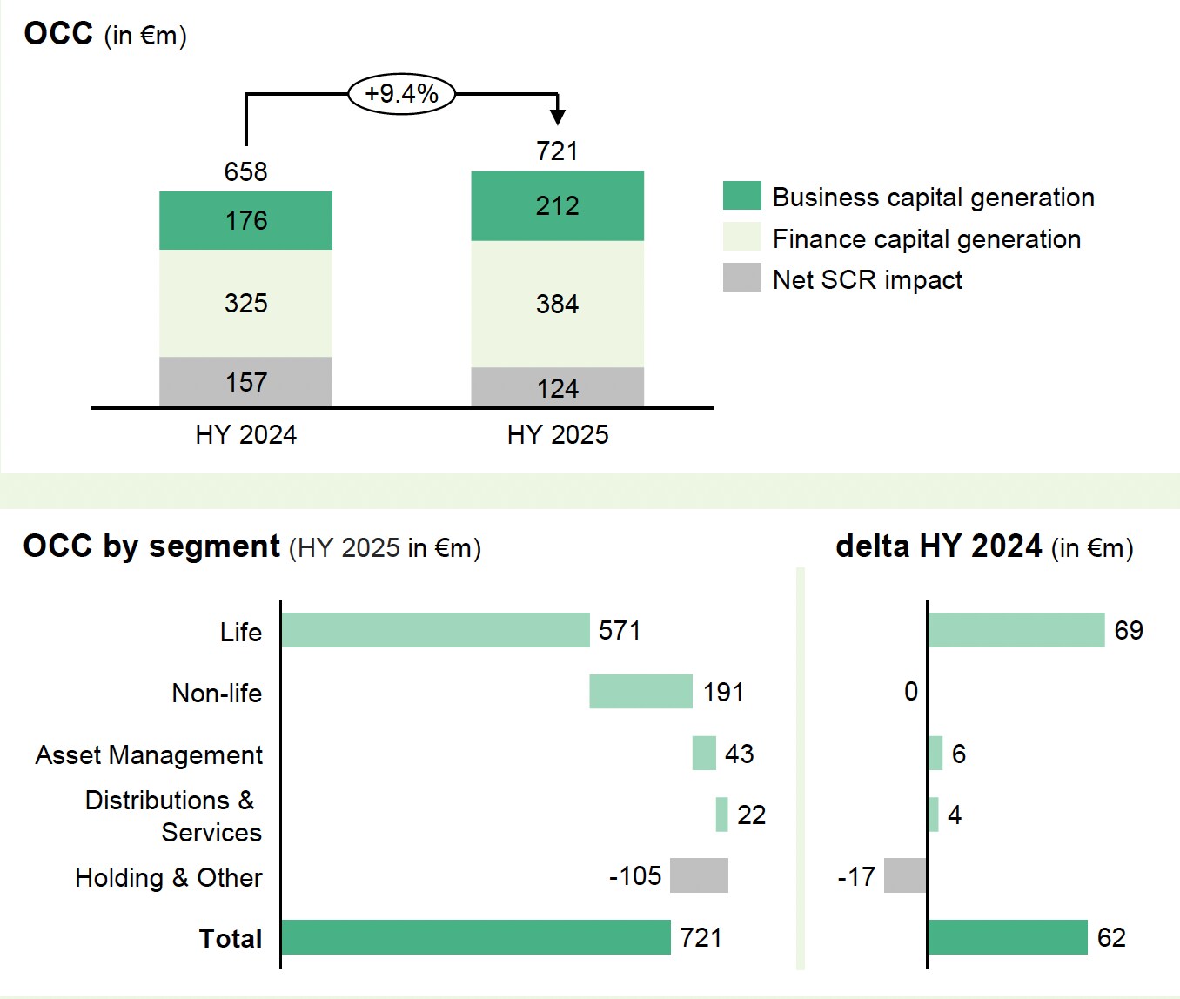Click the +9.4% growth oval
point(401,93)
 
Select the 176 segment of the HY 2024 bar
point(245,220)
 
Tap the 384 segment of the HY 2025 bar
point(557,304)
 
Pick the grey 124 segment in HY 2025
point(557,387)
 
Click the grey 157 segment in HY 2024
point(245,382)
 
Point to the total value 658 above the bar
point(245,171)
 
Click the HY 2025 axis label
point(558,434)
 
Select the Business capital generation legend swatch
point(741,196)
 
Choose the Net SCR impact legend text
point(867,279)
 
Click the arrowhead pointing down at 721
point(558,116)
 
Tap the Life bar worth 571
point(435,630)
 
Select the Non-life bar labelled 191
point(640,692)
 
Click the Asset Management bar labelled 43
point(704,753)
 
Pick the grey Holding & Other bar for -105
point(699,875)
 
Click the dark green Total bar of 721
point(476,937)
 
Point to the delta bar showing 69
point(1016,630)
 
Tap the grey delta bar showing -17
point(905,875)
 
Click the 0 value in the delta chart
point(911,692)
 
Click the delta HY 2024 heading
point(984,546)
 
